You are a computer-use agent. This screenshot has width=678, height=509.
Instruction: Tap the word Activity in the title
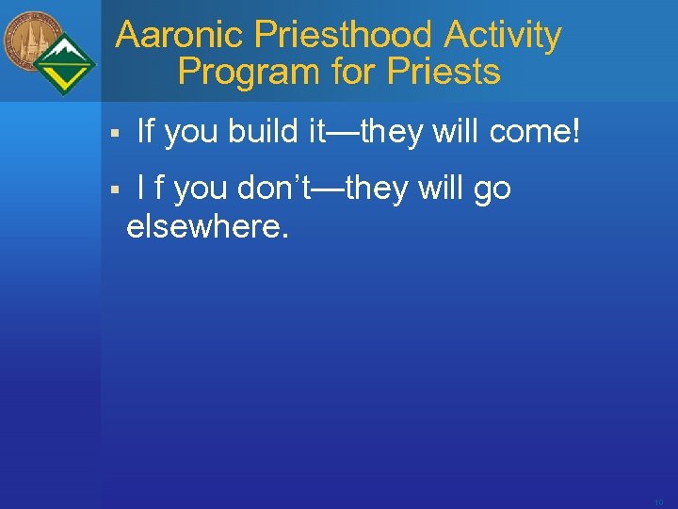503,36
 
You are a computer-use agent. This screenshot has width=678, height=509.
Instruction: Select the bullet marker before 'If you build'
112,135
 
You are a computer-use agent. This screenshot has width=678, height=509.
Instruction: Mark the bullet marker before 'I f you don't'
112,190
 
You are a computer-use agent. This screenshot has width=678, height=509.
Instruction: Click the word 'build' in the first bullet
266,134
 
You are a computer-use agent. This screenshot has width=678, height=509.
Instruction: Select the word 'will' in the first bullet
456,134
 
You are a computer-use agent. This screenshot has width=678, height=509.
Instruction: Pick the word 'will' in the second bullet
441,189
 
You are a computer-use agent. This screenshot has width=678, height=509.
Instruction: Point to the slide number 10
658,502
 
